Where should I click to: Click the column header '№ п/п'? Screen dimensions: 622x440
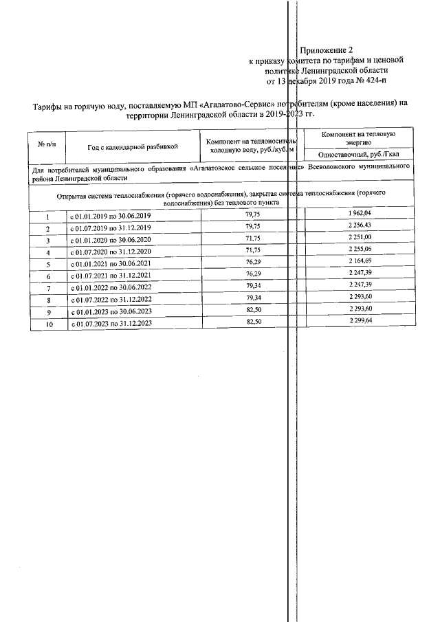48,145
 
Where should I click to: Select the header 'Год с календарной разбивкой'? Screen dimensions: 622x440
133,146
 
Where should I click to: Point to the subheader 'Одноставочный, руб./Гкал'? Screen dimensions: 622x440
358,155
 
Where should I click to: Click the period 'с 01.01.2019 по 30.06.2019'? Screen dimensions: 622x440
112,216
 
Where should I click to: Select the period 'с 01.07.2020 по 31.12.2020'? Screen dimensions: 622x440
112,252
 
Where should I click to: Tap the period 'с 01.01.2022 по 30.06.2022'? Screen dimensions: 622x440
112,287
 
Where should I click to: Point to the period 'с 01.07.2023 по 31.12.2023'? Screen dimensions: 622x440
112,323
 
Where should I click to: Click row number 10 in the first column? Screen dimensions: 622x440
48,323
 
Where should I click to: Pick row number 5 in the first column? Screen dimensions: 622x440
48,264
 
